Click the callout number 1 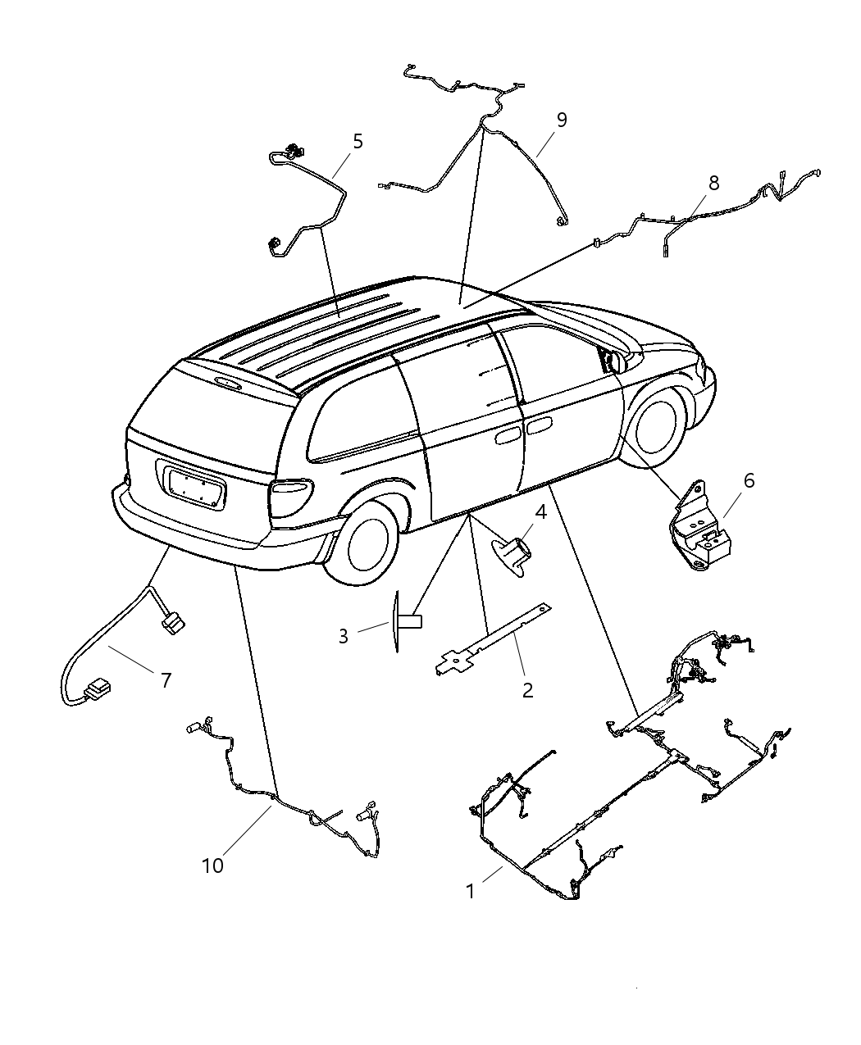471,891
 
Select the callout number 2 527,690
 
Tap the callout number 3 344,636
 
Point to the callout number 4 540,512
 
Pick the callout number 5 358,141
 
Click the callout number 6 749,481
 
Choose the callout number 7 166,679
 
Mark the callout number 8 713,183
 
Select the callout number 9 562,120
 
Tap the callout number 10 212,866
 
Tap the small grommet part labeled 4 513,548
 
